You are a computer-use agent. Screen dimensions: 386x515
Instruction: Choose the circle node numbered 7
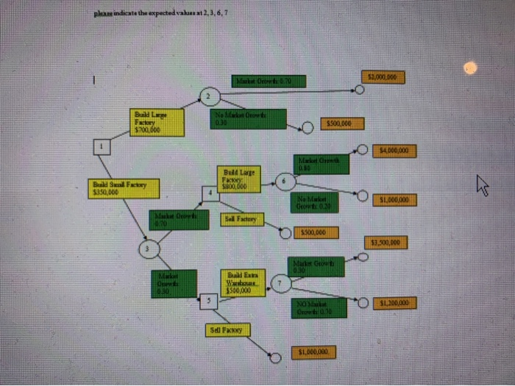pyautogui.click(x=280, y=283)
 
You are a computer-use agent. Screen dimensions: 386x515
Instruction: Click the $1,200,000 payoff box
pyautogui.click(x=395, y=302)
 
